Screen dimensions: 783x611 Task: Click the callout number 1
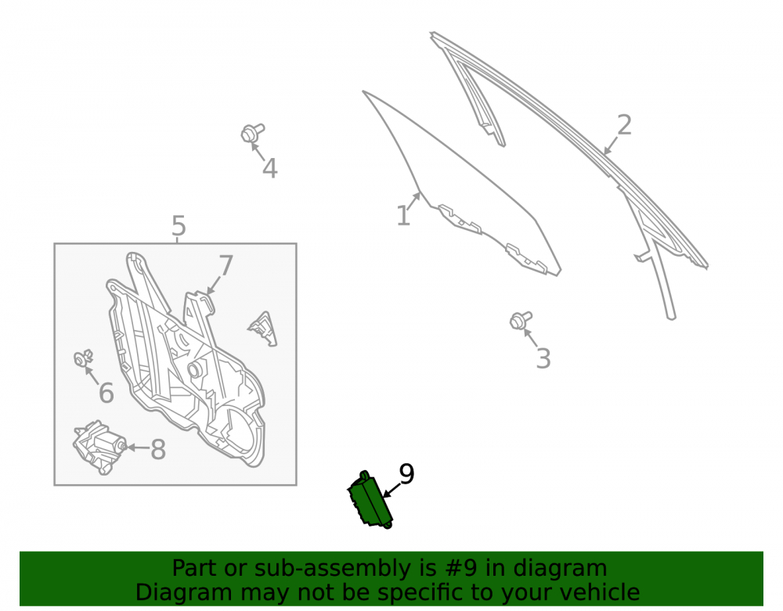coord(403,216)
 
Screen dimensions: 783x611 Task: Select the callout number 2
coord(624,124)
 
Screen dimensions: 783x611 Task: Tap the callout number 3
coord(543,358)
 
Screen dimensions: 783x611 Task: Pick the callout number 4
coord(269,168)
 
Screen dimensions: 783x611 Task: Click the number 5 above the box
coord(179,226)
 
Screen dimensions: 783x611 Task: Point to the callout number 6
coord(106,393)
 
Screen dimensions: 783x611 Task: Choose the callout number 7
coord(226,265)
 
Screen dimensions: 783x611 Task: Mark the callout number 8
coord(158,449)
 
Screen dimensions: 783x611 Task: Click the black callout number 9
coord(406,474)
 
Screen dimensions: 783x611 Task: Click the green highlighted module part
coord(370,500)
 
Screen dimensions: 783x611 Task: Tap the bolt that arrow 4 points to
coord(252,133)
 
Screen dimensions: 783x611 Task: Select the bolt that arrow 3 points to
coord(521,320)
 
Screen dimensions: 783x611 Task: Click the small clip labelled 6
coord(83,358)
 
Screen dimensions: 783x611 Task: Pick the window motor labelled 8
coord(99,447)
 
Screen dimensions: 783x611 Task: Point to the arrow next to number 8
coord(139,447)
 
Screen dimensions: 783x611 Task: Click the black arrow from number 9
coord(391,491)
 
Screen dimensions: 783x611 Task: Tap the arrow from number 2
coord(612,146)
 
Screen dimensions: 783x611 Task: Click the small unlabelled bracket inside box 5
coord(262,329)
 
